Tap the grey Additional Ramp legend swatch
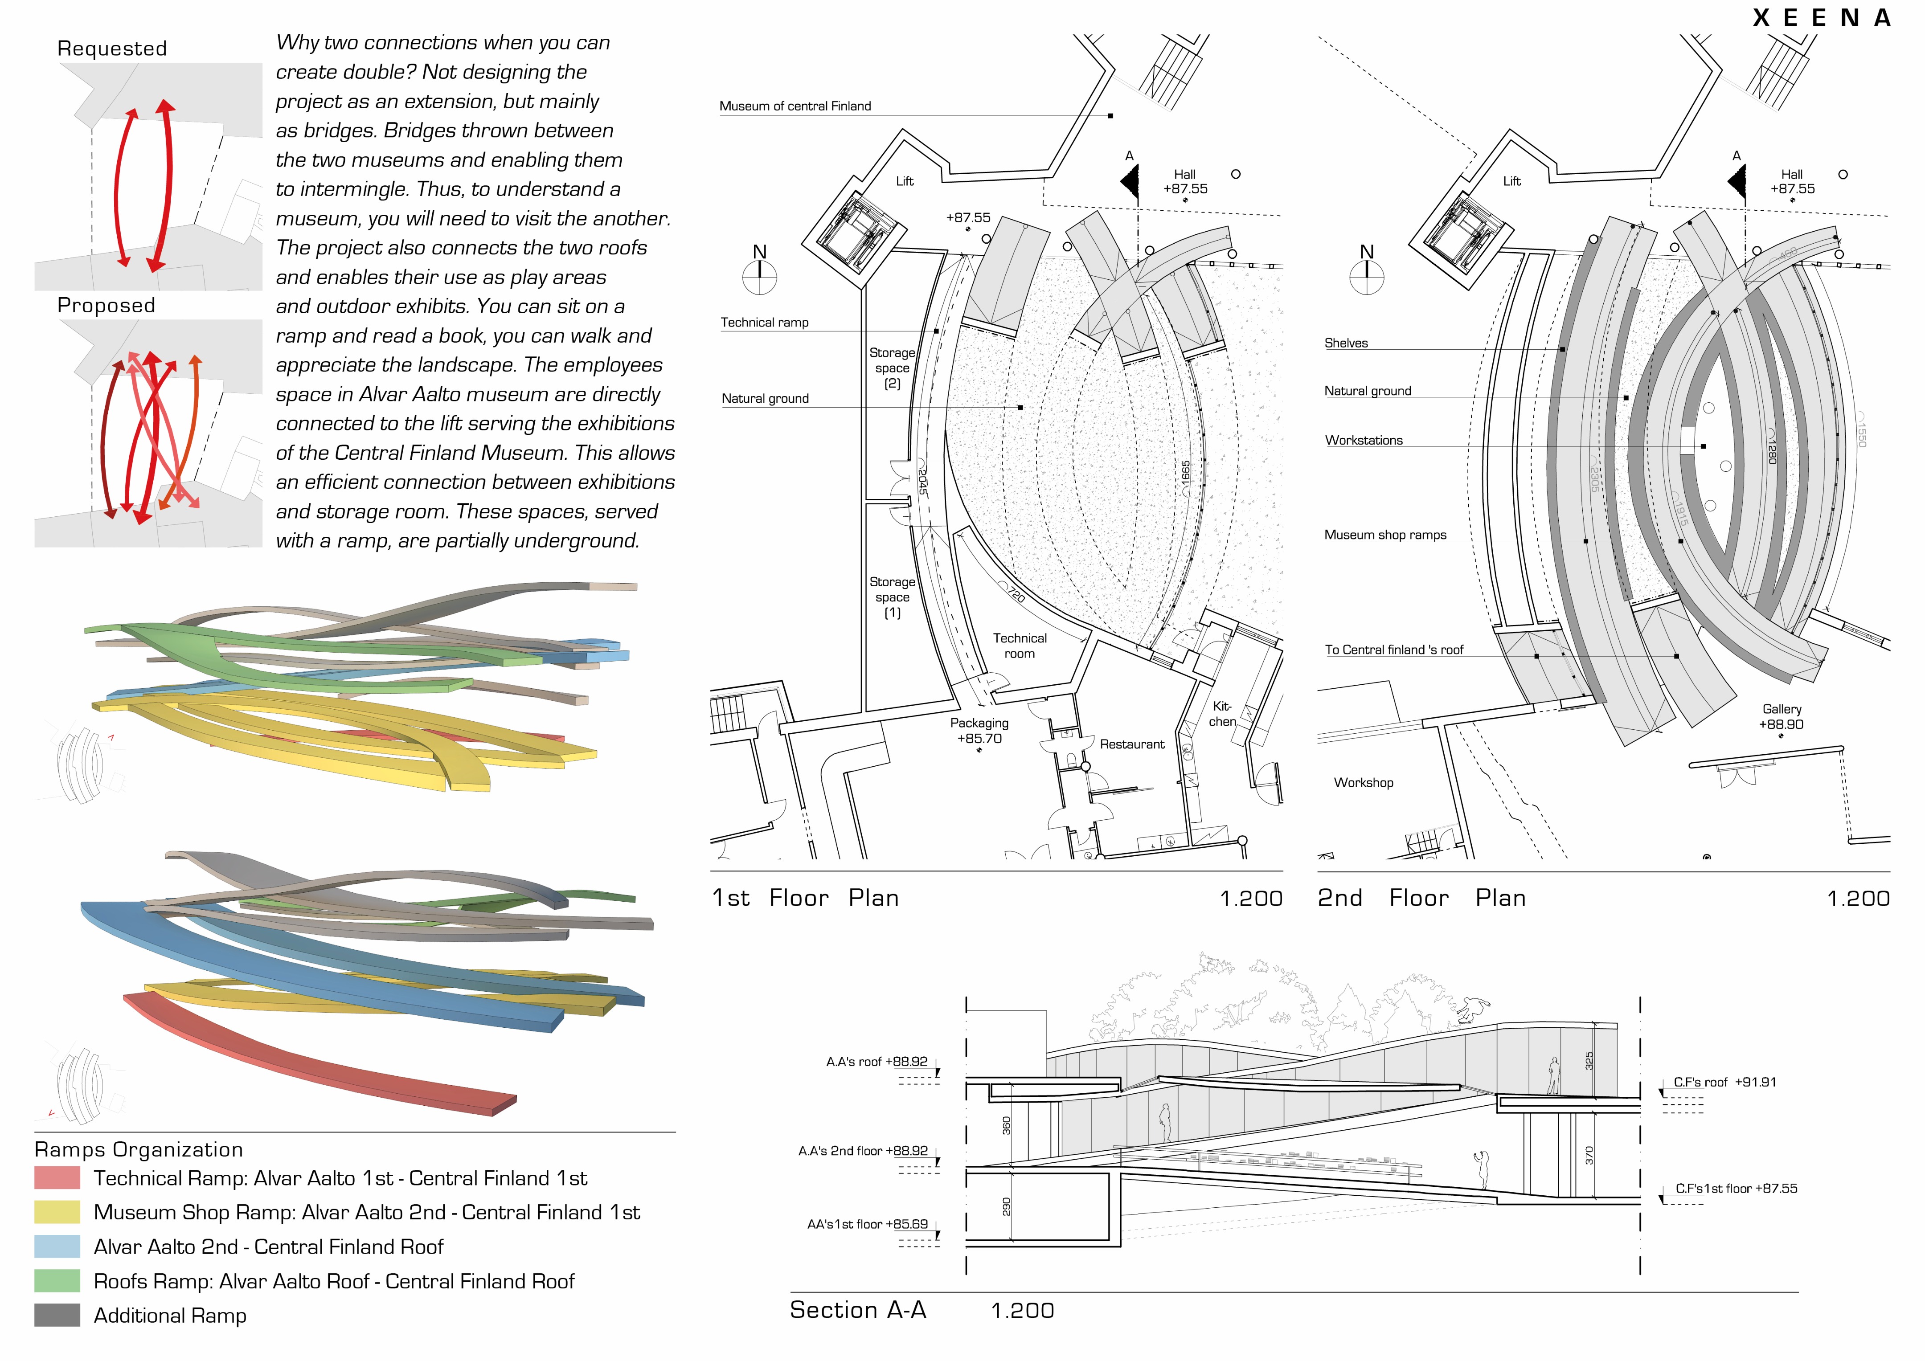point(57,1315)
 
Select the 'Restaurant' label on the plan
point(1132,744)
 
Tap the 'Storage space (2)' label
point(892,368)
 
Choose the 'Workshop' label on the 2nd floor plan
point(1363,783)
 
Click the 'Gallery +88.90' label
point(1782,716)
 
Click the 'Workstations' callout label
point(1363,440)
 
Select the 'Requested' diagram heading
point(112,49)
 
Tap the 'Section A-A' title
point(858,1310)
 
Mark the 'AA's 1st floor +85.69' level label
point(868,1224)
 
